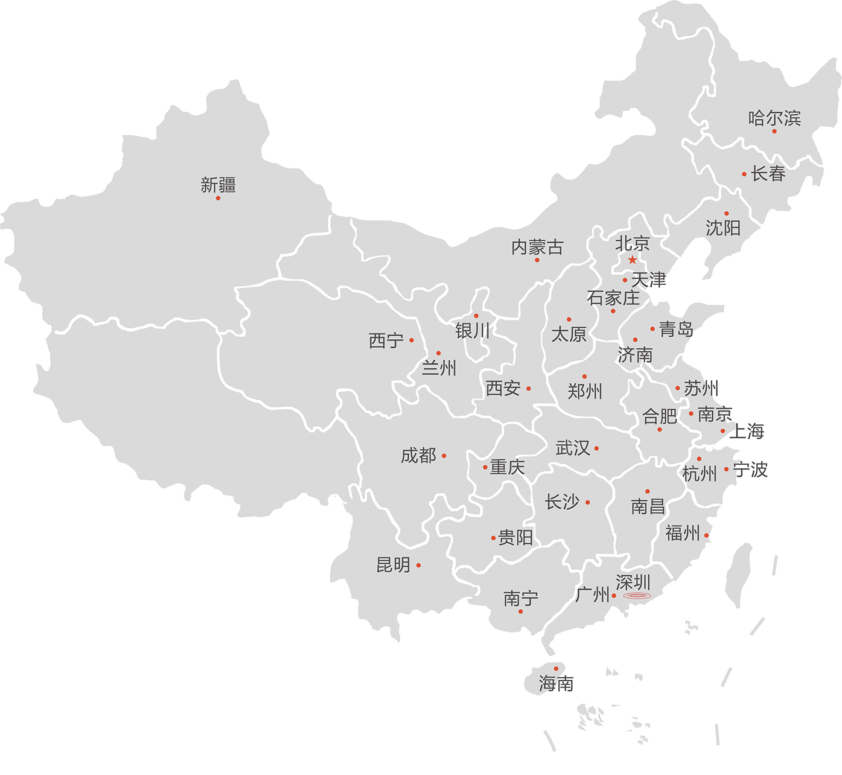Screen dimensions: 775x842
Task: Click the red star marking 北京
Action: (632, 260)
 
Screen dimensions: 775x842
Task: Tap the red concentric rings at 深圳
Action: (637, 596)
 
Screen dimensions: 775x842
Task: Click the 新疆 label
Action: (218, 185)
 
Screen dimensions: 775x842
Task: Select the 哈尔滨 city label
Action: (774, 118)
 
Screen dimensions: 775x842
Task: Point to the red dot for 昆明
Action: (418, 566)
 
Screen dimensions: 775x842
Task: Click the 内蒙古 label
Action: (537, 247)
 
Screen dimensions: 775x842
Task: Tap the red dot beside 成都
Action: (444, 456)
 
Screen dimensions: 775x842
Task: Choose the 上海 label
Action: (747, 431)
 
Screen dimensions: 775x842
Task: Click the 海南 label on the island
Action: (556, 683)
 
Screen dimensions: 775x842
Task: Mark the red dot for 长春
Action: (744, 174)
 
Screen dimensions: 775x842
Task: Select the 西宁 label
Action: (386, 341)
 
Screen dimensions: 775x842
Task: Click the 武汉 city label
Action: (573, 448)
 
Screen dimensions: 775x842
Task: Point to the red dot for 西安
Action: (528, 389)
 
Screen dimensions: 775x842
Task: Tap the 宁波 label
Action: (750, 470)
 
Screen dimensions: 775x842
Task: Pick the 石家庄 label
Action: (613, 298)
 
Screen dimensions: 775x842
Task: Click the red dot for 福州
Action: (706, 535)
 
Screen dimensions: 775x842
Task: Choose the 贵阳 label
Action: (515, 537)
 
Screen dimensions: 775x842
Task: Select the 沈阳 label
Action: (723, 228)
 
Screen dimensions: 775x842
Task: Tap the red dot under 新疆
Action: (218, 198)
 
